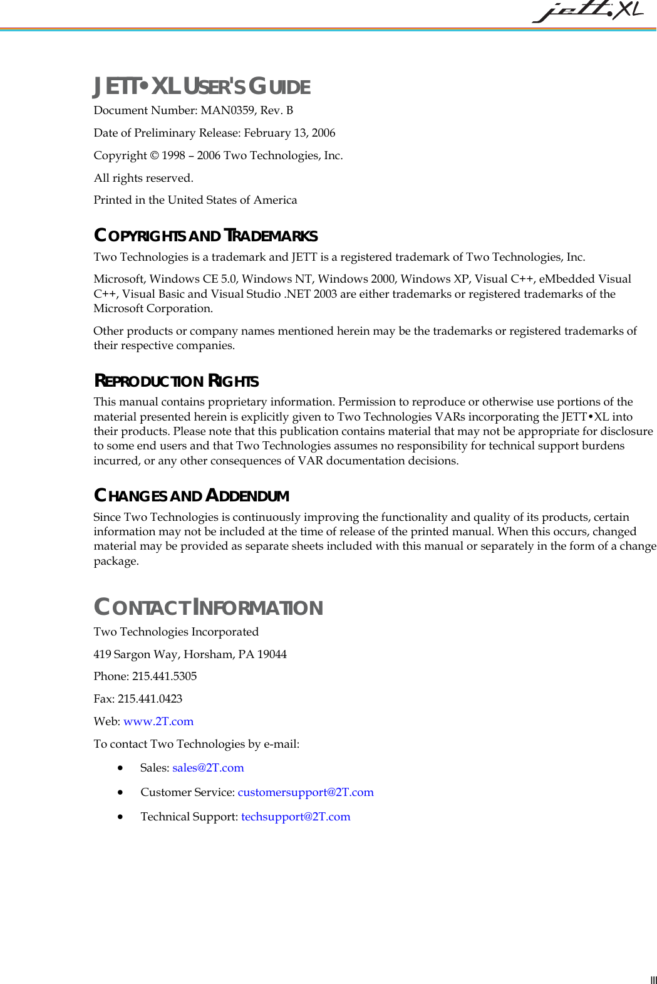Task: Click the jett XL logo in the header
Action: click(587, 11)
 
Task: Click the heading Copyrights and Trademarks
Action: click(205, 236)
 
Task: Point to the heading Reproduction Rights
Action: click(176, 381)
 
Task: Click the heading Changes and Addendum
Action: click(191, 496)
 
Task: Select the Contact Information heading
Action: click(208, 607)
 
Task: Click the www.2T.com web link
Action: click(158, 721)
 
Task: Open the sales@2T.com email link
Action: click(208, 768)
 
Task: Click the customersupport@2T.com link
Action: click(306, 792)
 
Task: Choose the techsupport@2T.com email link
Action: click(296, 817)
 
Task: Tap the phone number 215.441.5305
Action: click(164, 676)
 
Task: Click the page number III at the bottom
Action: click(653, 980)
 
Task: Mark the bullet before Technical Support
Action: click(120, 817)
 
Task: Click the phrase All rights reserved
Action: click(143, 178)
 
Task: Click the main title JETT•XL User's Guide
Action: click(202, 86)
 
